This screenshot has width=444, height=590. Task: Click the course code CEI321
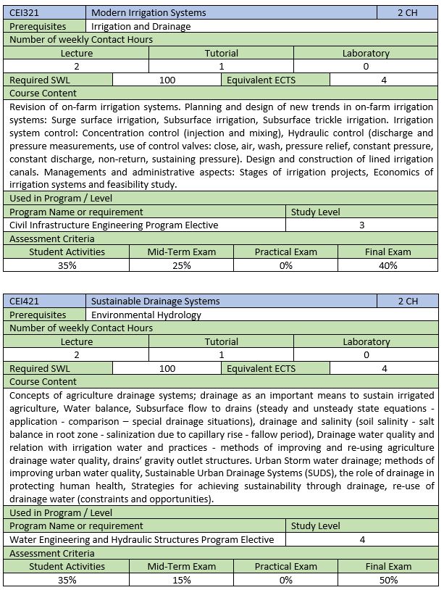pos(25,12)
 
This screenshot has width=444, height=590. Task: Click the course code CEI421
pos(25,301)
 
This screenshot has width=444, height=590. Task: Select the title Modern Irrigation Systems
pos(148,12)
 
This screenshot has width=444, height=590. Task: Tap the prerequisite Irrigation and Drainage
pos(141,26)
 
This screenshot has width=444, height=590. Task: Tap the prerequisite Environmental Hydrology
pos(146,315)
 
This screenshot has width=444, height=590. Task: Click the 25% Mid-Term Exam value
pos(182,265)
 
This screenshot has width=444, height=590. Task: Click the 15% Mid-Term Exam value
pos(182,580)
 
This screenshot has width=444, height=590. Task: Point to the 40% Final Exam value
pos(388,265)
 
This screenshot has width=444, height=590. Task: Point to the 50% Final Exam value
pos(388,580)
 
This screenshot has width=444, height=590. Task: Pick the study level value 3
pos(362,225)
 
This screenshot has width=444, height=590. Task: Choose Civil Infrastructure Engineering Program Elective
pos(114,225)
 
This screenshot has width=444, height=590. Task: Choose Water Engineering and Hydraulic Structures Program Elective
pos(142,539)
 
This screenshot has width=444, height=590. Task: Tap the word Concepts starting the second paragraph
pos(30,395)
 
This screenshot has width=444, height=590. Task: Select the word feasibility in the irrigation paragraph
pos(146,185)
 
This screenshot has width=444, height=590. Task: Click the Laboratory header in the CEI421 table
pos(366,341)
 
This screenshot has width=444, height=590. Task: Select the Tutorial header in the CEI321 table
pos(222,53)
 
